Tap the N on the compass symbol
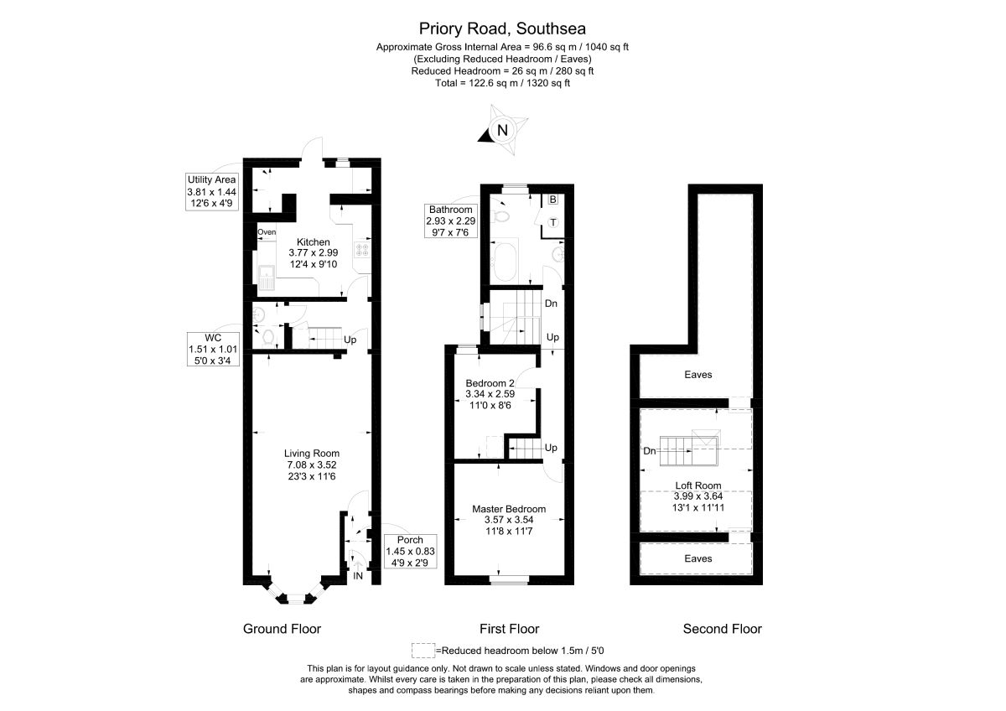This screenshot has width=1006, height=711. [502, 130]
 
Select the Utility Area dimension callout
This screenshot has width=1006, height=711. [212, 191]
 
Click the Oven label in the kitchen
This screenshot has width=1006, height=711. [267, 232]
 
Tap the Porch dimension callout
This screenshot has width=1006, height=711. [405, 551]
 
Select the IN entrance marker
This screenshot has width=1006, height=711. [358, 576]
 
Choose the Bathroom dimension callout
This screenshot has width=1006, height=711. [452, 221]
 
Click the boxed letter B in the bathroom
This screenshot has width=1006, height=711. [553, 200]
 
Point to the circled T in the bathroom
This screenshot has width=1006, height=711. [553, 222]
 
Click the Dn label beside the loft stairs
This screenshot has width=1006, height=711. [649, 451]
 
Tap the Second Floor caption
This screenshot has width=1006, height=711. [722, 629]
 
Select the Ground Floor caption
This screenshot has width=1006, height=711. [282, 629]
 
